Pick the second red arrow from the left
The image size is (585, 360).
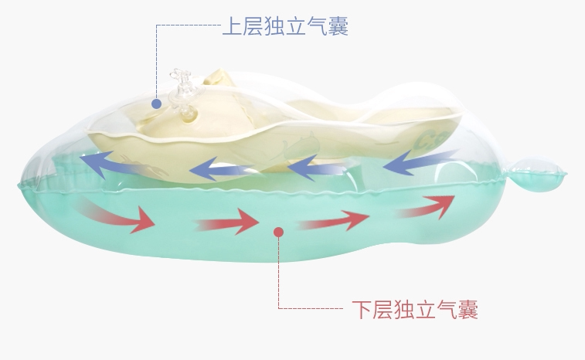coord(227,222)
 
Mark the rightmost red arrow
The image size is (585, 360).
coord(426,206)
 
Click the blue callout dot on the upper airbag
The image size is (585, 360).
coord(156,103)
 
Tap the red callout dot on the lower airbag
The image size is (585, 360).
coord(279,230)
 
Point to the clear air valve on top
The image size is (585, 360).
coord(182,92)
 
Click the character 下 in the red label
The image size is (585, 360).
coord(362,311)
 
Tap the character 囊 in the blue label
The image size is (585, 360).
coord(338,27)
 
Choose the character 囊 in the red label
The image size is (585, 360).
coord(468,311)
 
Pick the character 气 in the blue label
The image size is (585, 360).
coord(317,27)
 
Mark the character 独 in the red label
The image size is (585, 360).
coord(404,311)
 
